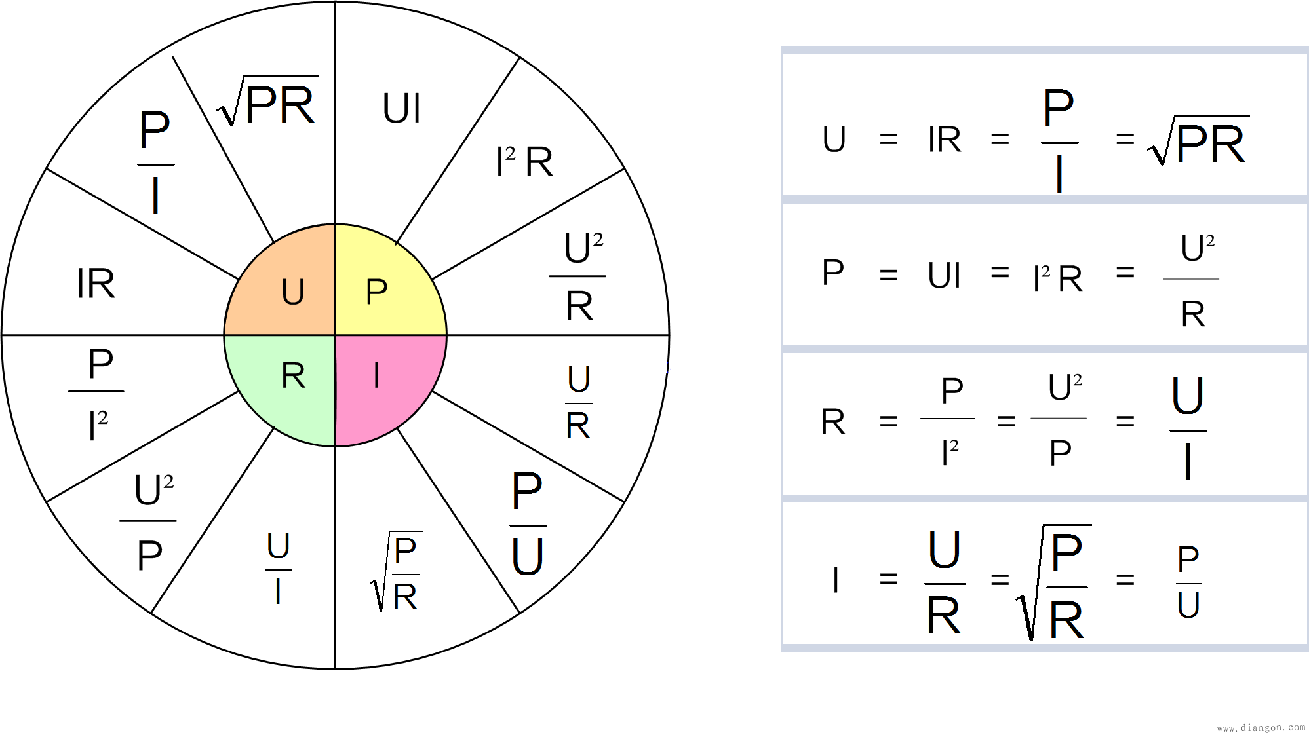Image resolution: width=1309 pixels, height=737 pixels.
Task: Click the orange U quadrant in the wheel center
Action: pyautogui.click(x=288, y=288)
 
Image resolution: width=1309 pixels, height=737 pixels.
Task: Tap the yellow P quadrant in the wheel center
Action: pyautogui.click(x=383, y=288)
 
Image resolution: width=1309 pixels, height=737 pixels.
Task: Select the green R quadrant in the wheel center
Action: pyautogui.click(x=288, y=383)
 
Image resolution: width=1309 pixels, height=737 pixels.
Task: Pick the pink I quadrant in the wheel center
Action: pyautogui.click(x=383, y=383)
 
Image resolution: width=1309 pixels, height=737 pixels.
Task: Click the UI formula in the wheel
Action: pyautogui.click(x=401, y=108)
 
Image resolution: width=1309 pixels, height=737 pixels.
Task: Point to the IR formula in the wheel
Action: pyautogui.click(x=96, y=284)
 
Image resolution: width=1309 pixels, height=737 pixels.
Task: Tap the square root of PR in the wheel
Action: pyautogui.click(x=267, y=102)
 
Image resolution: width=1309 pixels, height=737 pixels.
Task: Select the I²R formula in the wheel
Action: pyautogui.click(x=524, y=161)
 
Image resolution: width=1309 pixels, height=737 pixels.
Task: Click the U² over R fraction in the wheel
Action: pyautogui.click(x=578, y=276)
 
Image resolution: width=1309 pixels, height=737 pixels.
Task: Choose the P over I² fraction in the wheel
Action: pyautogui.click(x=96, y=393)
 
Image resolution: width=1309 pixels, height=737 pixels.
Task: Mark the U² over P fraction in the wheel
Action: pyautogui.click(x=149, y=522)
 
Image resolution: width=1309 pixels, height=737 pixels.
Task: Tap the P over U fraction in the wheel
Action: pyautogui.click(x=528, y=523)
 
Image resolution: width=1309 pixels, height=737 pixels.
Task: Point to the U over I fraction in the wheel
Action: pyautogui.click(x=279, y=568)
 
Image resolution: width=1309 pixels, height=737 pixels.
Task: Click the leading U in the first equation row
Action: pyautogui.click(x=834, y=140)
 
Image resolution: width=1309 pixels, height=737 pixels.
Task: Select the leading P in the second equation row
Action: pyautogui.click(x=832, y=273)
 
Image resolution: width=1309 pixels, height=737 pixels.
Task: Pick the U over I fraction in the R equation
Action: pyautogui.click(x=1188, y=428)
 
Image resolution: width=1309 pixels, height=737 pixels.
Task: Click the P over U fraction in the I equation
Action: pyautogui.click(x=1188, y=582)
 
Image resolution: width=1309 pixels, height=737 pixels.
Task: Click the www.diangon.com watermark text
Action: pyautogui.click(x=1261, y=728)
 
